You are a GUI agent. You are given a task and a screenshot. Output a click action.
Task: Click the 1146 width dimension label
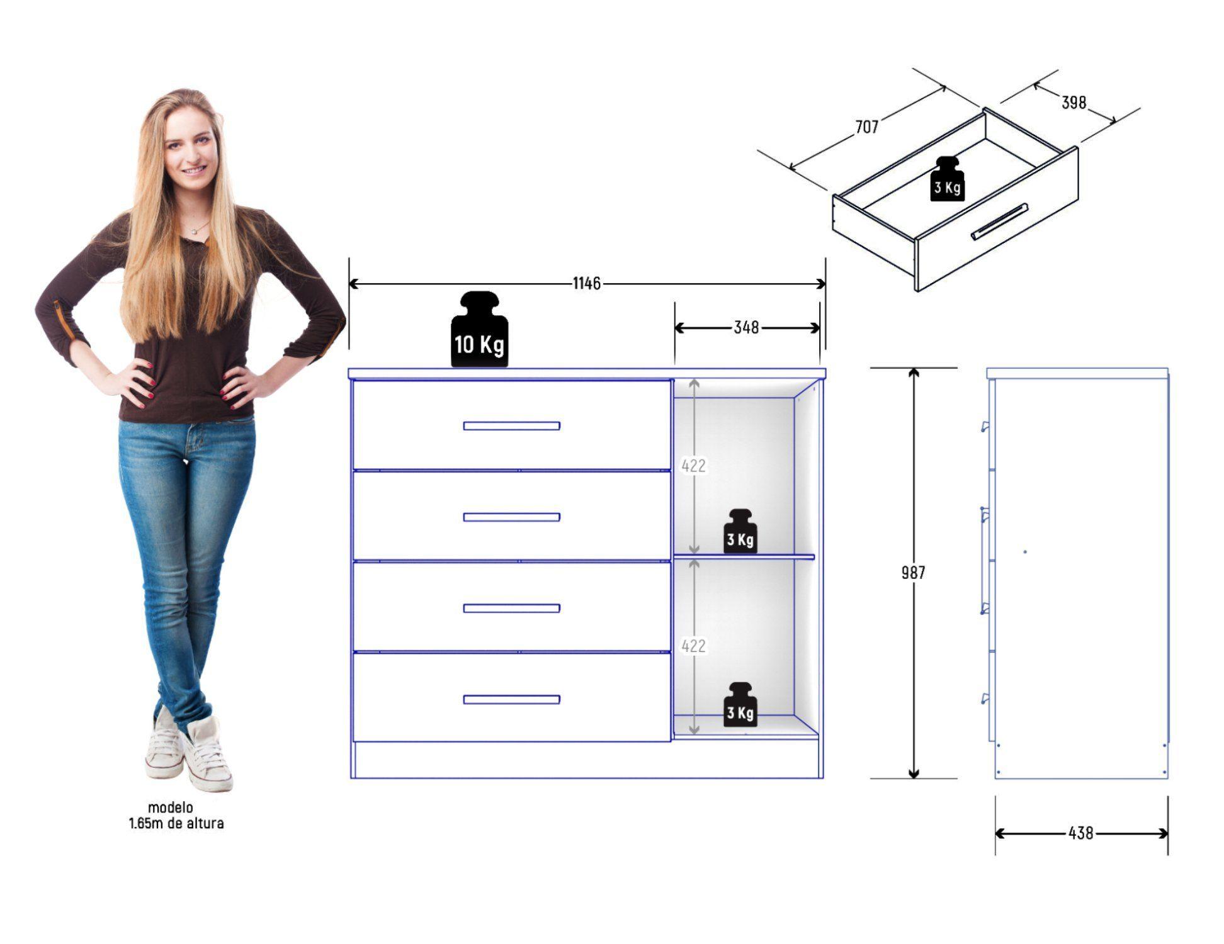586,284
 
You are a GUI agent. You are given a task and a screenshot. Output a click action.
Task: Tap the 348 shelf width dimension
746,328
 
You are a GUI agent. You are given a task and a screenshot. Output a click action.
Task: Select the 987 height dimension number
913,573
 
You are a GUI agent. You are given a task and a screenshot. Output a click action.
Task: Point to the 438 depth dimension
1080,833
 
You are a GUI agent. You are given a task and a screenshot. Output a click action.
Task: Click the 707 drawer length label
866,127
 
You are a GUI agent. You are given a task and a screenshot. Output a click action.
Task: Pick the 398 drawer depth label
1074,103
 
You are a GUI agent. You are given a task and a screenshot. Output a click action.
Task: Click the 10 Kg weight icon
480,329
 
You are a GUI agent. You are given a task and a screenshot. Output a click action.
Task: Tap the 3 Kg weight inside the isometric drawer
947,179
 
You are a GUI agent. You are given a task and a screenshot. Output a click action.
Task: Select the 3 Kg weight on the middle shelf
740,532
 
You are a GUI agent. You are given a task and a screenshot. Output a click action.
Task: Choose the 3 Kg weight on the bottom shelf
740,705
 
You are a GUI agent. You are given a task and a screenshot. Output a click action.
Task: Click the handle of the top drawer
511,426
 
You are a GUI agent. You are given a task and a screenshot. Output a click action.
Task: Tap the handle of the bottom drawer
511,699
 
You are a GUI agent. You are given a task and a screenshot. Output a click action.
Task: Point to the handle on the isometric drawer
999,222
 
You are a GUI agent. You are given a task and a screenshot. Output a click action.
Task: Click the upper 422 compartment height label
693,466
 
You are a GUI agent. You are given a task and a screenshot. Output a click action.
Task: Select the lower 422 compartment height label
693,646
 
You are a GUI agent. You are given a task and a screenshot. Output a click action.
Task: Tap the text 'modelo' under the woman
170,807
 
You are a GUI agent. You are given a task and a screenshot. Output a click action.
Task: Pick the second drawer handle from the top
511,517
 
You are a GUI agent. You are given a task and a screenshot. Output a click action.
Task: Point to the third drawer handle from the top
511,608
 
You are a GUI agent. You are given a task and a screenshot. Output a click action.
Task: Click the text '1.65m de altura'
176,823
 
